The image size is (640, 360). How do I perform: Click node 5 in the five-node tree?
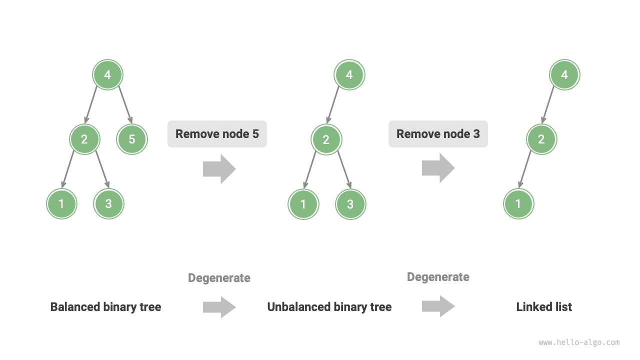click(132, 139)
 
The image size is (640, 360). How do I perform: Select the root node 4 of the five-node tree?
click(107, 75)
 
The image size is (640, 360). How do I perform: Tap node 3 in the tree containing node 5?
click(109, 204)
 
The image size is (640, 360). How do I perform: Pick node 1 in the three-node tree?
click(518, 204)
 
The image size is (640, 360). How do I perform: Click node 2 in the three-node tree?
click(541, 139)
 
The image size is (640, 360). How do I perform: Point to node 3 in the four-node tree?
click(350, 204)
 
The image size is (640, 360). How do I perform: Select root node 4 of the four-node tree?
click(349, 75)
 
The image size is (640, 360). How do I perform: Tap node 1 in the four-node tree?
click(303, 204)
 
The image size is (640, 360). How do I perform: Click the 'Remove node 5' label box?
click(217, 134)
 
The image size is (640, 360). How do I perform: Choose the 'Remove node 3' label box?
click(438, 134)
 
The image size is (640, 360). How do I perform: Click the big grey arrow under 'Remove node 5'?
click(219, 169)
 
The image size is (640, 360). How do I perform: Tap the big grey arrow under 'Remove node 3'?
click(438, 168)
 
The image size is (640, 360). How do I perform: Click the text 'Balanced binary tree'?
click(105, 307)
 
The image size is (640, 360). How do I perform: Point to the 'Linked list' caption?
click(544, 307)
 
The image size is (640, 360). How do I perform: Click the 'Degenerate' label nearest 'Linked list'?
click(438, 277)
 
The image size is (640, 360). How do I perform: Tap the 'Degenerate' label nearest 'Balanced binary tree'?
click(219, 278)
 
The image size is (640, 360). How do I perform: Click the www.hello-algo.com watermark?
click(579, 342)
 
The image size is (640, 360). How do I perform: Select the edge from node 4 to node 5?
click(125, 105)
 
